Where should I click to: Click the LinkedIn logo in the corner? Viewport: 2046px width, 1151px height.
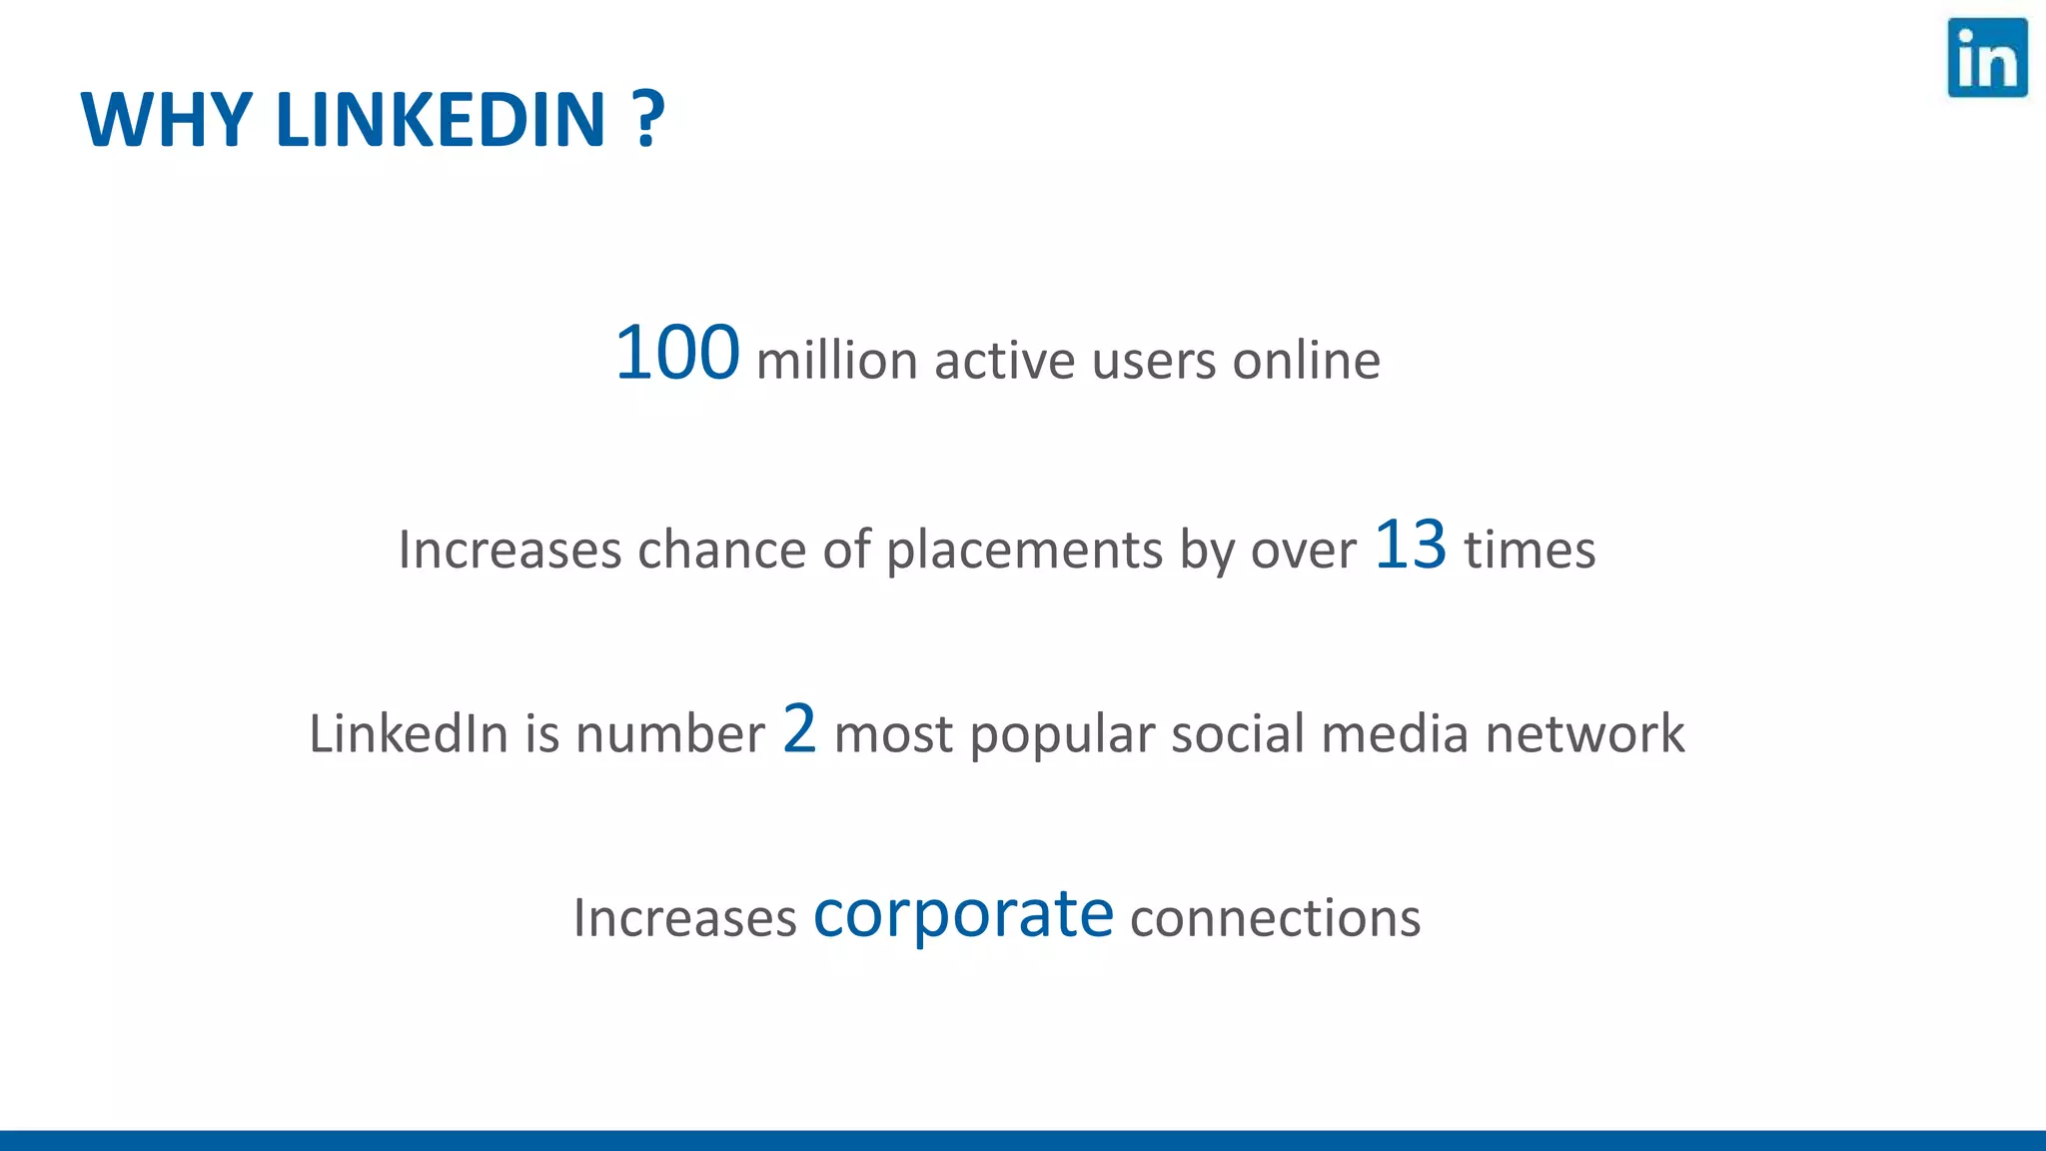tap(1987, 58)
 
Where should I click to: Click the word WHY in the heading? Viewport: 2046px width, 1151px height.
tap(166, 120)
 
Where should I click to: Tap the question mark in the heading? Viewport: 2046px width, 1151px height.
tap(648, 120)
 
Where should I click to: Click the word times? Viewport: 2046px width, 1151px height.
tap(1530, 551)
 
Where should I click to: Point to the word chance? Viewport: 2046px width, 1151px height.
tap(721, 551)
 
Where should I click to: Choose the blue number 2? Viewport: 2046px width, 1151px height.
tap(799, 728)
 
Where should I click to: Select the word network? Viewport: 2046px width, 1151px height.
tap(1584, 734)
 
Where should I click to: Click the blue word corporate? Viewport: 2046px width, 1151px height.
tap(963, 914)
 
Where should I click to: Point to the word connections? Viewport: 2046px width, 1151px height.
tap(1275, 918)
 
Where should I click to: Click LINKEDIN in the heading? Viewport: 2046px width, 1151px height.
tap(441, 120)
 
